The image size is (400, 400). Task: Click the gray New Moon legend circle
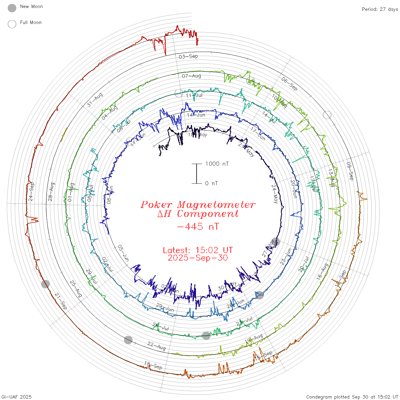coord(12,8)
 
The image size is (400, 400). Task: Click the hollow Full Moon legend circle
coord(12,24)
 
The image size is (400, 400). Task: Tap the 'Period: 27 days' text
coord(380,9)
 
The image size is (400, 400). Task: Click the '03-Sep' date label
coord(188,56)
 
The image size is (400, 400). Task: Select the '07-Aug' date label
coord(191,76)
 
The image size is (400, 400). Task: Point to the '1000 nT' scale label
coord(217,164)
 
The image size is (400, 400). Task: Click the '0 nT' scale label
coord(211,183)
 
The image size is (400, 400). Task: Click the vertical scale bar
coord(197,173)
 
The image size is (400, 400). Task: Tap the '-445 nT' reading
coord(198,227)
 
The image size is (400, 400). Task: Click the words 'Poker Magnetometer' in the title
coord(198,205)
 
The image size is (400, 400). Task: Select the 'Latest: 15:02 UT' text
coord(198,250)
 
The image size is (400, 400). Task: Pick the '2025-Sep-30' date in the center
coord(198,258)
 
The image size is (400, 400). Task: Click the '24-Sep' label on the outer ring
coord(31,191)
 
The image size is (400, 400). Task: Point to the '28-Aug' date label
coord(51,192)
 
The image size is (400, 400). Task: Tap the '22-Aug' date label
coord(157,346)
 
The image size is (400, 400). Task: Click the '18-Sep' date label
coord(153,365)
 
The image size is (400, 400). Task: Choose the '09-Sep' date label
coord(350,171)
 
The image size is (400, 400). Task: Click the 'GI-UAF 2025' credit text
coord(17,397)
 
